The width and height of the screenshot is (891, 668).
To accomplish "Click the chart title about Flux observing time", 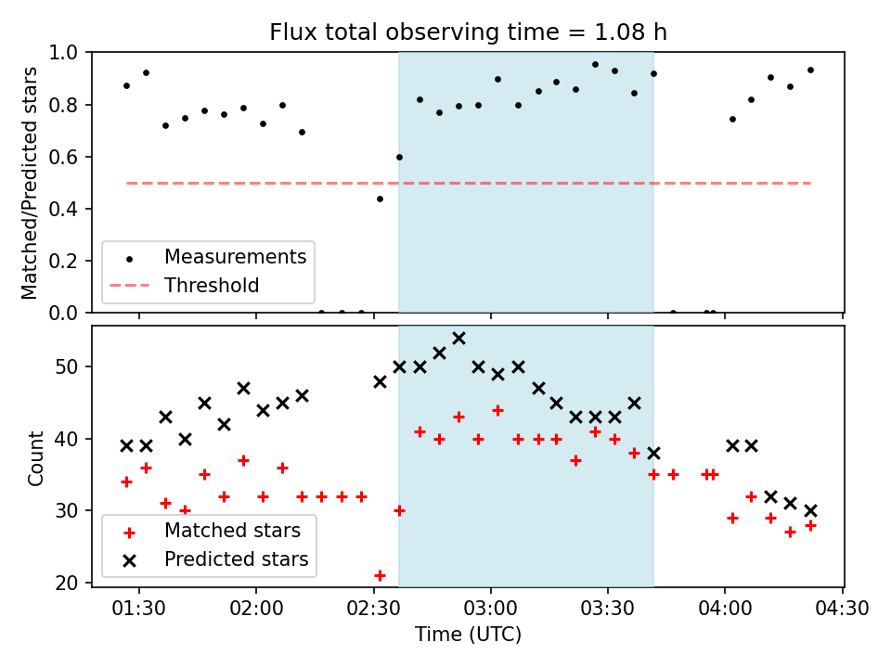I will (468, 32).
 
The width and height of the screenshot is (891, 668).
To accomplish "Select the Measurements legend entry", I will (235, 256).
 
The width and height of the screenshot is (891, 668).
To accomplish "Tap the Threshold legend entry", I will (212, 286).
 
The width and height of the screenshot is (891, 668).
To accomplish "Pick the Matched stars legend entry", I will (232, 531).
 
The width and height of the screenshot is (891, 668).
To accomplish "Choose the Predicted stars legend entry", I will (236, 559).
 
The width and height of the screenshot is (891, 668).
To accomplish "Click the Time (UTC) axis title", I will (468, 635).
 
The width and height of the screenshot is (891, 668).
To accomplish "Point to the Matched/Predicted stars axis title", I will (31, 183).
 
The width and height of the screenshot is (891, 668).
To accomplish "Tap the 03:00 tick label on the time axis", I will (490, 610).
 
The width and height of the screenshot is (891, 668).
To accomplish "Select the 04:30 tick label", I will (842, 610).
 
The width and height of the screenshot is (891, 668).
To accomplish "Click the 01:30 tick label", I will (139, 610).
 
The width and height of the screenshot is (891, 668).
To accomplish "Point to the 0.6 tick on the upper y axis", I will (69, 157).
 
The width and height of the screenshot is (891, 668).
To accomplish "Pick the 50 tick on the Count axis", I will (72, 366).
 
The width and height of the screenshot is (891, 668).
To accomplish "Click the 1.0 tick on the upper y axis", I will (69, 53).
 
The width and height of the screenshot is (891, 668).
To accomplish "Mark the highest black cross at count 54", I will (458, 338).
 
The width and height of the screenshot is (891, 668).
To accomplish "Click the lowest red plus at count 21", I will (380, 575).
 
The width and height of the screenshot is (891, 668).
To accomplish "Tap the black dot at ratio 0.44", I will (380, 199).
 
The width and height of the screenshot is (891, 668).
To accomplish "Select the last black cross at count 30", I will (810, 510).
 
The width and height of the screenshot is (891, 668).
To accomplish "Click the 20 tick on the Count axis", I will (72, 583).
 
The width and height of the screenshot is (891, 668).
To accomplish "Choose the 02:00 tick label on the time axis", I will (256, 610).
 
